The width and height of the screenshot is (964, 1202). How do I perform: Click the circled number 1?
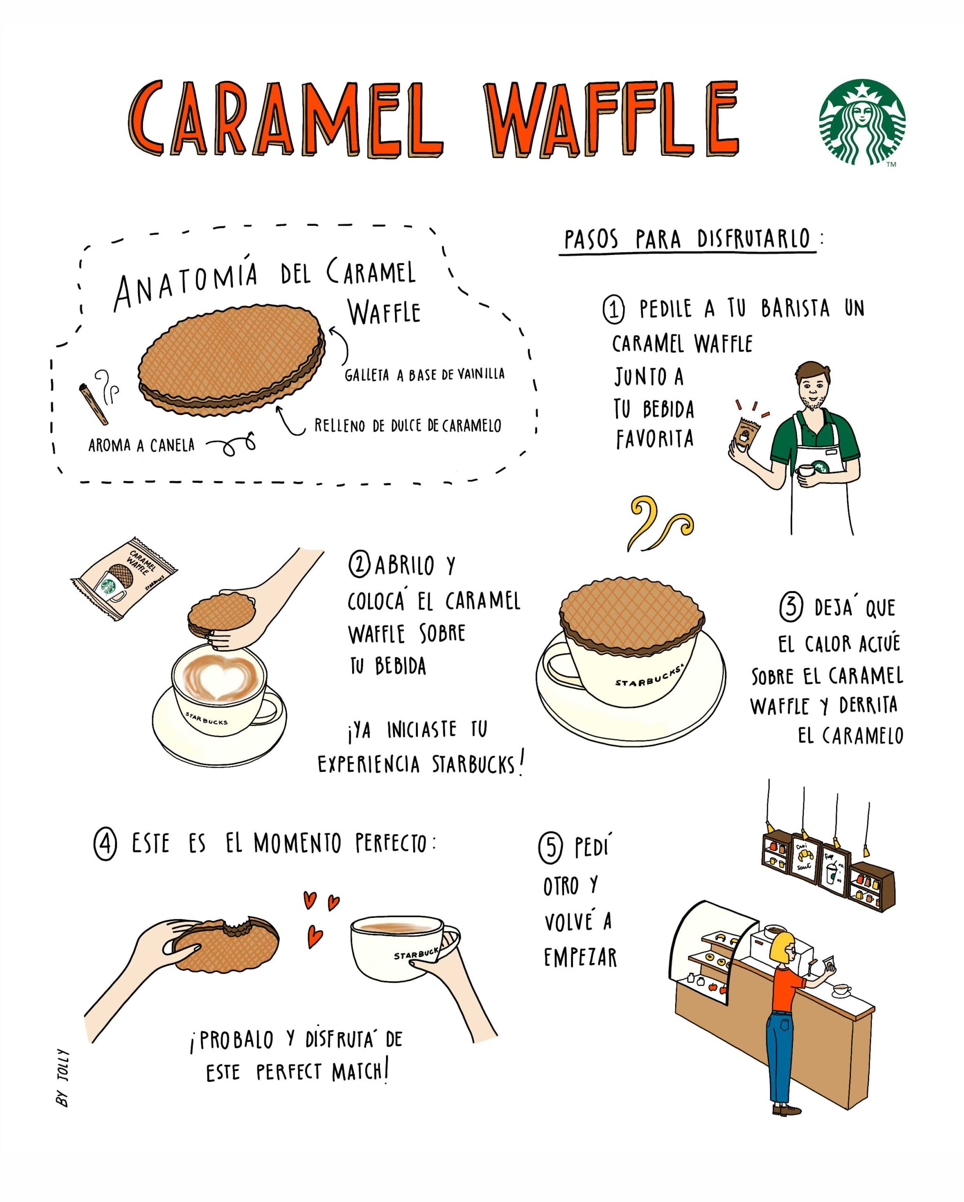click(x=614, y=310)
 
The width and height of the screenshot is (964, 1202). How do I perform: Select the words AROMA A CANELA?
click(x=142, y=446)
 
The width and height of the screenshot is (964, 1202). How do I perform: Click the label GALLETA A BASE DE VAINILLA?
click(x=425, y=374)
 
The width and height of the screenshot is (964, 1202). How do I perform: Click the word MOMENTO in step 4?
click(x=297, y=843)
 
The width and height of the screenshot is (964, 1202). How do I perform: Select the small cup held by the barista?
click(x=805, y=471)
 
